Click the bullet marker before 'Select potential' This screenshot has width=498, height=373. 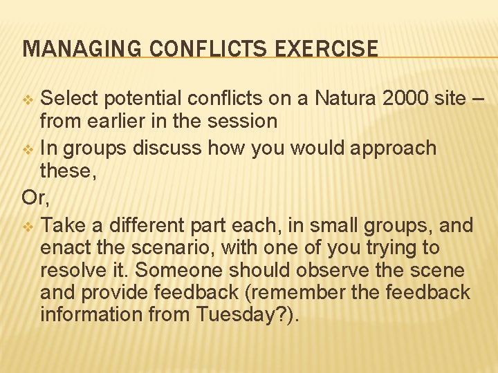[28, 99]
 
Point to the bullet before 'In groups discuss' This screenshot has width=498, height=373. [28, 149]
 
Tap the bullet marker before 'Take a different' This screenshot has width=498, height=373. [28, 226]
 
